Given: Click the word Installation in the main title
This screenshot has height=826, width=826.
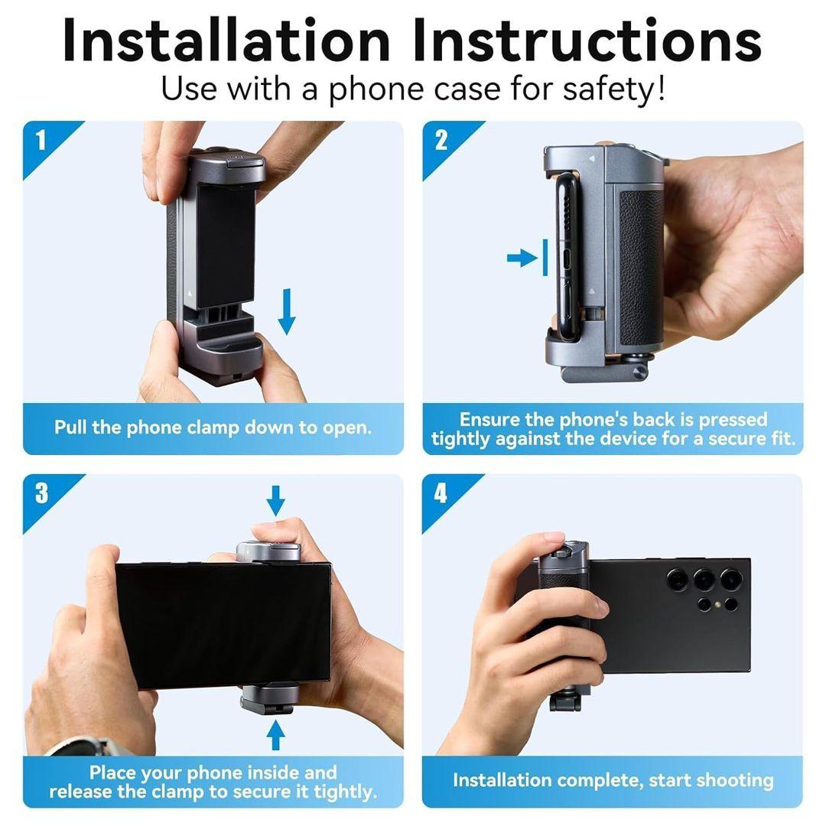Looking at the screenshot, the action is (226, 41).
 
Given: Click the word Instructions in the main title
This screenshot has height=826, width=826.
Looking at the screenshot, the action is (587, 41).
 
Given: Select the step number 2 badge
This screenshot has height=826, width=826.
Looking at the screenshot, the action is (441, 141).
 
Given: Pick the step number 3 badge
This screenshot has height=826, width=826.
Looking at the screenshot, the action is (41, 493).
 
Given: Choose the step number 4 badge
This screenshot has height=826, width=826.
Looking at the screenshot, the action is (441, 493).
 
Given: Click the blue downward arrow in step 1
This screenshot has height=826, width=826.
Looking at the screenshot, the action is (287, 311).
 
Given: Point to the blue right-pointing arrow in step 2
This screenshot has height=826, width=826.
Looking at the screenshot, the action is (522, 259).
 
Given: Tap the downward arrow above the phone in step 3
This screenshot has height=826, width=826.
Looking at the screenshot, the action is (275, 500).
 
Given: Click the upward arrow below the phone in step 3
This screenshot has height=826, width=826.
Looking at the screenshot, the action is (275, 734).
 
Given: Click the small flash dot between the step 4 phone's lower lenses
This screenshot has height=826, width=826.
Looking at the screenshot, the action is (717, 603).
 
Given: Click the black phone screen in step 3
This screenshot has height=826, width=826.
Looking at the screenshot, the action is (224, 626).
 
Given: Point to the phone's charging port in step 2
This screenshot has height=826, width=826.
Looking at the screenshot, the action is (567, 259).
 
